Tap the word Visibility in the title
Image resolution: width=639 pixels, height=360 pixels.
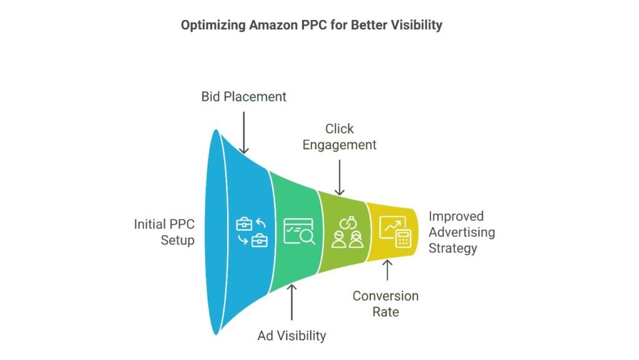[416, 25]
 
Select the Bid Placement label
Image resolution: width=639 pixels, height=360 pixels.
[244, 97]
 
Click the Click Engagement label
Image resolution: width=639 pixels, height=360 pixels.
[339, 137]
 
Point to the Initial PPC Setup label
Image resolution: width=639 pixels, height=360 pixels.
[164, 232]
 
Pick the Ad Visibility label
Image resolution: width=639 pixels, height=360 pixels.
[292, 336]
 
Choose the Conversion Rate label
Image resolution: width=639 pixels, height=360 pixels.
[386, 304]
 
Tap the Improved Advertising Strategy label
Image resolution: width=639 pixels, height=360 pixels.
[462, 232]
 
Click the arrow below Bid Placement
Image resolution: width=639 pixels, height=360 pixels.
[244, 133]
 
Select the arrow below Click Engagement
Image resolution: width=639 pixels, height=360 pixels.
[339, 178]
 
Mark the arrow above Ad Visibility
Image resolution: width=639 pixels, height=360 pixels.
[292, 302]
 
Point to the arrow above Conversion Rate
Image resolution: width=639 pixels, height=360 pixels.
[387, 270]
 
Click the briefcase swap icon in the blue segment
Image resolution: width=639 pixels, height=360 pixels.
[252, 233]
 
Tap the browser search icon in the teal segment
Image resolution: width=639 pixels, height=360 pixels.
[299, 231]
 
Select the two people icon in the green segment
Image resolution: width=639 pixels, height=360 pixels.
[347, 233]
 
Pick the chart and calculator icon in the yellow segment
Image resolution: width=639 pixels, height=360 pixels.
[395, 231]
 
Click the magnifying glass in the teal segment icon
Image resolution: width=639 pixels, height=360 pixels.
[308, 236]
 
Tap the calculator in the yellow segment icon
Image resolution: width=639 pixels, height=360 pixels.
[404, 238]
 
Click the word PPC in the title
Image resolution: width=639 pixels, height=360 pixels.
[313, 25]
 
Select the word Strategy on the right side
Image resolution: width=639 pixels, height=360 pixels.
[453, 248]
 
